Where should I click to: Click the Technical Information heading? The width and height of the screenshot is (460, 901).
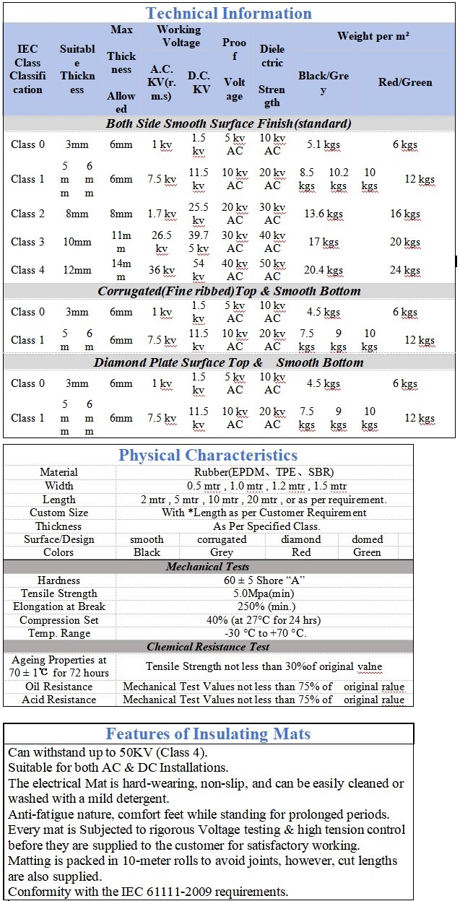click(229, 13)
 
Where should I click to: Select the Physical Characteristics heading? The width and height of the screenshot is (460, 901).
click(208, 455)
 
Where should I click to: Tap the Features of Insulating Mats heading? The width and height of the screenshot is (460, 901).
click(208, 734)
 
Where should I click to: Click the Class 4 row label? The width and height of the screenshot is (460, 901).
click(27, 270)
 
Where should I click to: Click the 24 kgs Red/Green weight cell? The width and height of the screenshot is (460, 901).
click(405, 271)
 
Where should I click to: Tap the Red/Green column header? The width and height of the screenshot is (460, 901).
click(405, 82)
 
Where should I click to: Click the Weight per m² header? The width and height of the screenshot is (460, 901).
click(373, 36)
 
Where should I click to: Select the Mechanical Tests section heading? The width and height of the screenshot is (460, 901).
click(208, 567)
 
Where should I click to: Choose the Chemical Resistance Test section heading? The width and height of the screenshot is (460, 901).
click(208, 647)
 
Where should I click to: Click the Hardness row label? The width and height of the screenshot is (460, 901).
click(58, 580)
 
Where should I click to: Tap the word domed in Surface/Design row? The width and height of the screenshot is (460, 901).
click(367, 539)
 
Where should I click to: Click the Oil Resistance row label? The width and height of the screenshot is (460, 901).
click(58, 687)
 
